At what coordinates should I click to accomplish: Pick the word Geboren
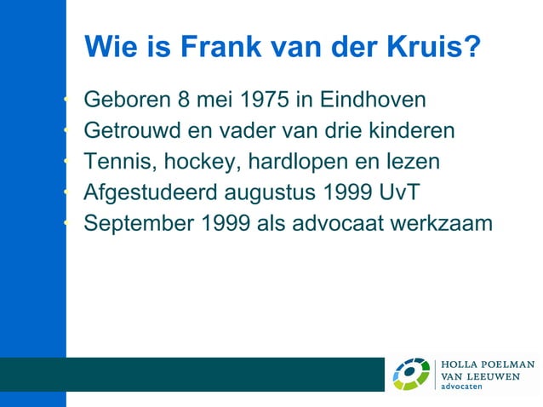coord(126,100)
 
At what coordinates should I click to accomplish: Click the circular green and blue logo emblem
coord(411,375)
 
